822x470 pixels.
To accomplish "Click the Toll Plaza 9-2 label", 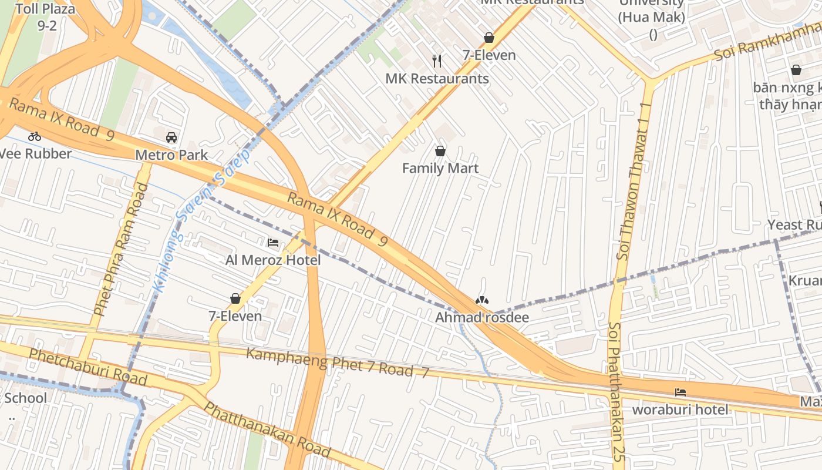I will coord(46,17).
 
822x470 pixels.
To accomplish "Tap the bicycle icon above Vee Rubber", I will coord(35,137).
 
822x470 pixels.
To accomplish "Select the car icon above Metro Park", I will coord(171,137).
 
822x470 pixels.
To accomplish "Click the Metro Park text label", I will coord(171,155).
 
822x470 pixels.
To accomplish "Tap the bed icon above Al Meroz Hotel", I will coord(273,242).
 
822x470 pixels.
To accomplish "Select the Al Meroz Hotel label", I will coord(273,260).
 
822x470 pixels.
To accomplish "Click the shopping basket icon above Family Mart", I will coord(440,151).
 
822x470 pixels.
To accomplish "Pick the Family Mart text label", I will coord(440,169).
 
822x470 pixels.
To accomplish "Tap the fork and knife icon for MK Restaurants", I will coord(437,61).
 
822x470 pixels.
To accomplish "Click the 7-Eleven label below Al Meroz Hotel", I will coord(235,316).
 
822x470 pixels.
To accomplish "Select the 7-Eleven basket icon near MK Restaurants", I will coord(489,38).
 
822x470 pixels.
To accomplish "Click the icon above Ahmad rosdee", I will coord(481,300).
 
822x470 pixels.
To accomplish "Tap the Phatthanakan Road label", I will coord(267,430).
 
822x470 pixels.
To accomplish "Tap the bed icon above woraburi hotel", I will coord(680,392).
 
